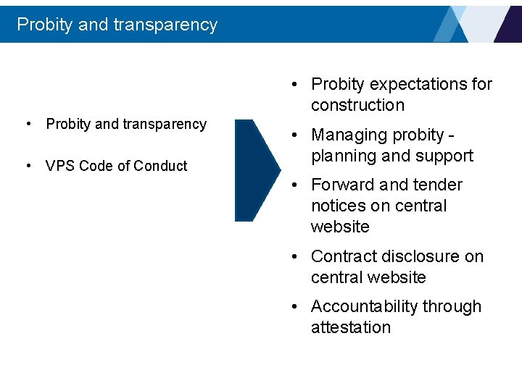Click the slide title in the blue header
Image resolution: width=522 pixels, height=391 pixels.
tap(117, 25)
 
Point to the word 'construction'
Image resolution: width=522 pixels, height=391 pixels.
tap(357, 105)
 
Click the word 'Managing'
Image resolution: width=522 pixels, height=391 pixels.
tap(347, 135)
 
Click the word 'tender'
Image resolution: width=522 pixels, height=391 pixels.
tap(437, 185)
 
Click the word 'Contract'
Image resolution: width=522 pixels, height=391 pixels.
tap(344, 256)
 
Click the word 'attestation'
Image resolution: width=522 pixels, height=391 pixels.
tap(351, 327)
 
